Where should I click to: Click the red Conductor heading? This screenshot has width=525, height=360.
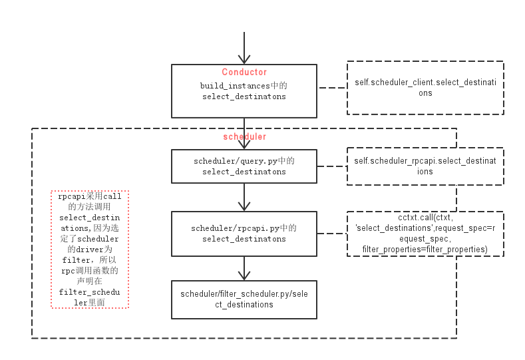pyautogui.click(x=244, y=72)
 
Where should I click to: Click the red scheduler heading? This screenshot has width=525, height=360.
pyautogui.click(x=244, y=136)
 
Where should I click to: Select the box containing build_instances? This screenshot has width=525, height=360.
pyautogui.click(x=244, y=91)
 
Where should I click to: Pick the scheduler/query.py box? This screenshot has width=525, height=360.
pyautogui.click(x=244, y=166)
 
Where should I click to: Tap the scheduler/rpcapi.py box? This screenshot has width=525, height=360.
pyautogui.click(x=244, y=234)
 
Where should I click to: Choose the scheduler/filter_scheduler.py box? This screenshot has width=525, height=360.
pyautogui.click(x=244, y=299)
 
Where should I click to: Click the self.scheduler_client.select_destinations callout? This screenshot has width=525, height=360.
pyautogui.click(x=425, y=87)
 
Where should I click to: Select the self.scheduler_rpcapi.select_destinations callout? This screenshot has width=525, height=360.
pyautogui.click(x=425, y=166)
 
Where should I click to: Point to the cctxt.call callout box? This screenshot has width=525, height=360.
pyautogui.click(x=425, y=234)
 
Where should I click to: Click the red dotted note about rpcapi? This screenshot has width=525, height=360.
pyautogui.click(x=90, y=250)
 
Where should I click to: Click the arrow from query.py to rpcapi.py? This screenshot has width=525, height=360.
pyautogui.click(x=245, y=198)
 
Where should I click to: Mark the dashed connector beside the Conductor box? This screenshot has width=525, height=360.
pyautogui.click(x=332, y=87)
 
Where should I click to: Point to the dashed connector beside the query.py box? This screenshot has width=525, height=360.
pyautogui.click(x=332, y=166)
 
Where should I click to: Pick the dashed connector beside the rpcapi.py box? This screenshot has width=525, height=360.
pyautogui.click(x=332, y=233)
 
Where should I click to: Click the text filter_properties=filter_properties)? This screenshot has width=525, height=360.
pyautogui.click(x=425, y=249)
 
